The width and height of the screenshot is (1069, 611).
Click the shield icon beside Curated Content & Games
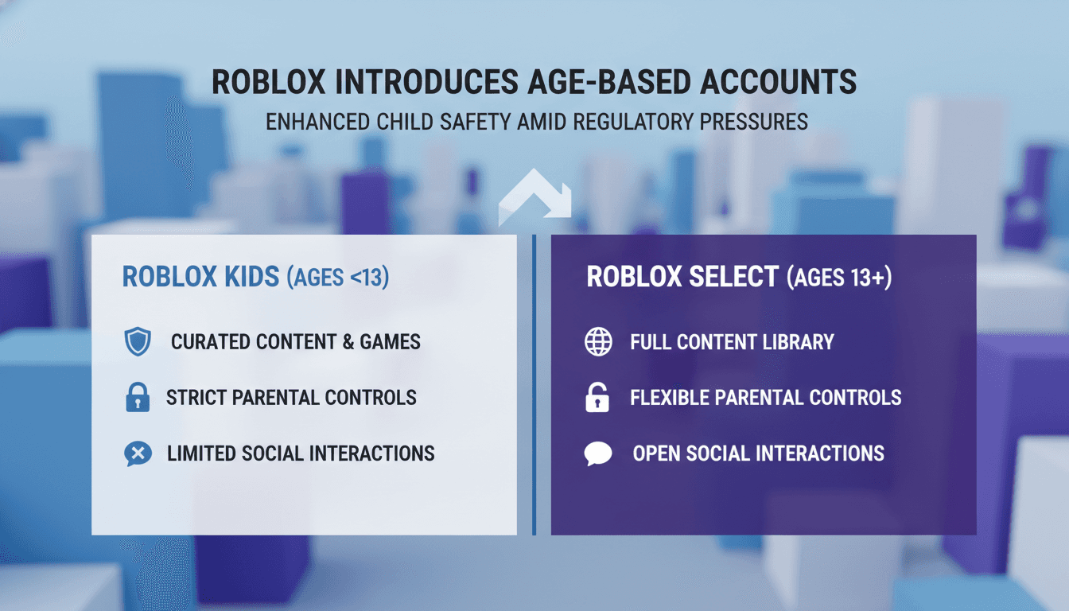(138, 342)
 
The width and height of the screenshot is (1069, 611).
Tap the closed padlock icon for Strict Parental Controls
(138, 397)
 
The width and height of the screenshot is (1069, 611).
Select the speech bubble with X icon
(138, 454)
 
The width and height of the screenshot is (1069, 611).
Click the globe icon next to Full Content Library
(598, 342)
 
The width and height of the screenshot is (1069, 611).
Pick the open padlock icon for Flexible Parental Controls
(597, 398)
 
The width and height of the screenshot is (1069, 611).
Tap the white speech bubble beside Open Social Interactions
(598, 453)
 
